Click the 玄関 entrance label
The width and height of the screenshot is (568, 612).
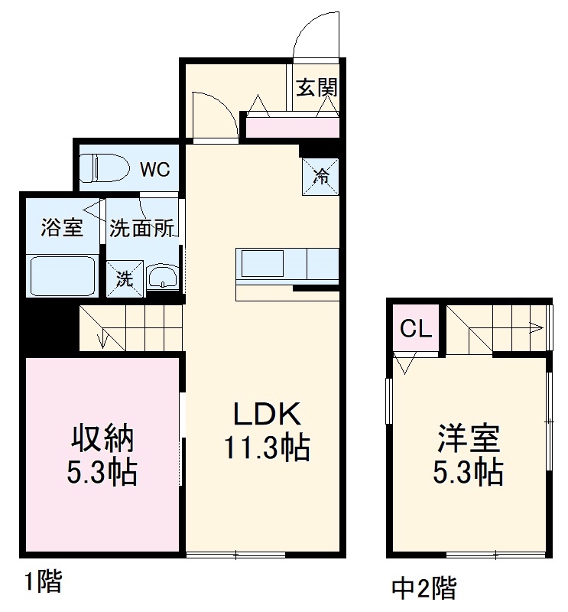pyautogui.click(x=316, y=87)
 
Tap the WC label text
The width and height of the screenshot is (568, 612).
pyautogui.click(x=154, y=169)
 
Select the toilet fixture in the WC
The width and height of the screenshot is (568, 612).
pyautogui.click(x=102, y=168)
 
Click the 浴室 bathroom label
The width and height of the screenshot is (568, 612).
pyautogui.click(x=61, y=228)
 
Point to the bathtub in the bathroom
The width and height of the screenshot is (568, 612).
pyautogui.click(x=62, y=276)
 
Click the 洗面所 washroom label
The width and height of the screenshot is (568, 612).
pyautogui.click(x=143, y=228)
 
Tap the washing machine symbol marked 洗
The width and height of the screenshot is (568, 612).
pyautogui.click(x=125, y=279)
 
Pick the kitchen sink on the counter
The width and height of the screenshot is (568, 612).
pyautogui.click(x=263, y=264)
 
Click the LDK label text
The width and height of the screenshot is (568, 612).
pyautogui.click(x=268, y=414)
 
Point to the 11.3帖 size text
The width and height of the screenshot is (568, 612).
pyautogui.click(x=267, y=448)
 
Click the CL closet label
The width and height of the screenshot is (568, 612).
pyautogui.click(x=416, y=329)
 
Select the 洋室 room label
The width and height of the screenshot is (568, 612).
pyautogui.click(x=469, y=439)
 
